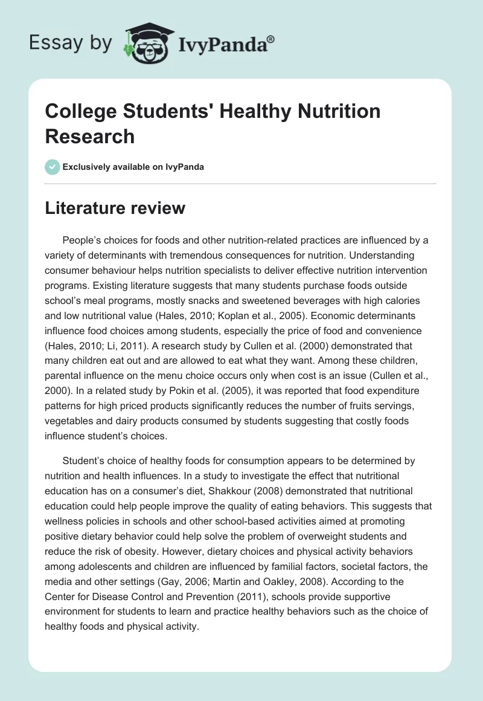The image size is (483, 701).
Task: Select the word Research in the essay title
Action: pos(90,136)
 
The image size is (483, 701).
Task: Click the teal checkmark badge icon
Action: pos(53,167)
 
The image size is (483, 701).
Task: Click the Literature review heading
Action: pos(115,208)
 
